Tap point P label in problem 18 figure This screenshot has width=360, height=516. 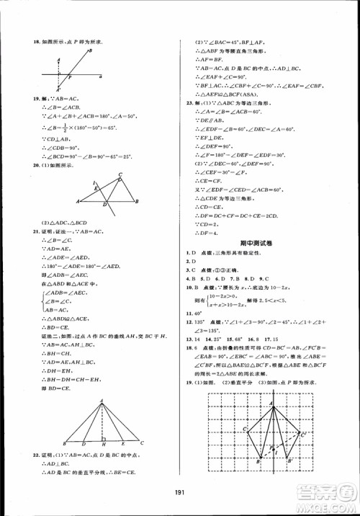click(x=70, y=78)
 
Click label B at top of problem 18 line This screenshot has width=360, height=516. click(x=90, y=50)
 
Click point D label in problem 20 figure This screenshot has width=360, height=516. click(x=105, y=205)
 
